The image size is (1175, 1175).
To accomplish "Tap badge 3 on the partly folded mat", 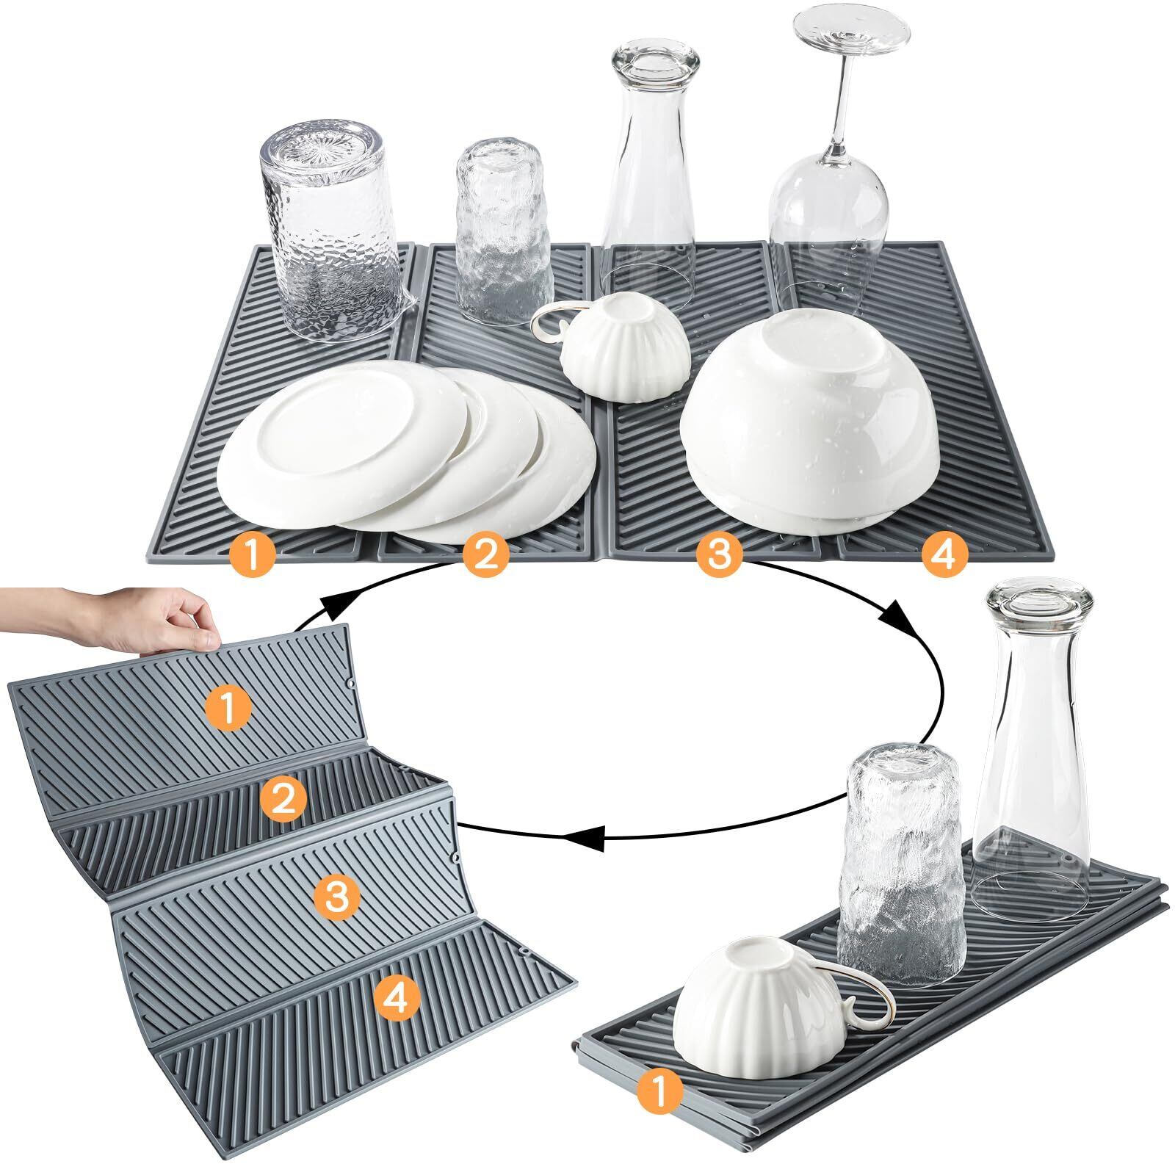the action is [x=336, y=897].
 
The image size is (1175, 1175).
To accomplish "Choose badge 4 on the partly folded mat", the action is [x=397, y=997].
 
